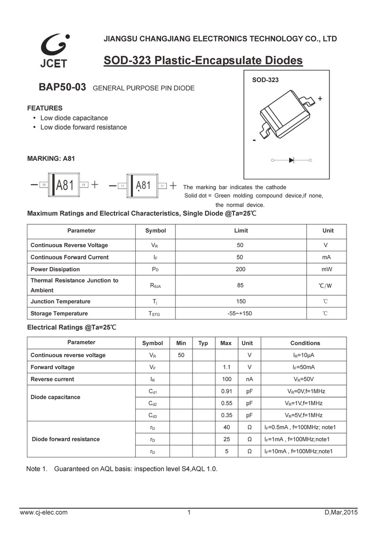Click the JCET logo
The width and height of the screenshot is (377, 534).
(54, 50)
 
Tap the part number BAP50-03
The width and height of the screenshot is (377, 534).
(62, 87)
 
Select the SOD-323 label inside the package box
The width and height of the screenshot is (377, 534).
(265, 80)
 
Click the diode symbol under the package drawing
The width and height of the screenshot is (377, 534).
(291, 160)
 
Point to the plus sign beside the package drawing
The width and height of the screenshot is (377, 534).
(320, 98)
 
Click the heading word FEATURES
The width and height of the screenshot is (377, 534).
(44, 108)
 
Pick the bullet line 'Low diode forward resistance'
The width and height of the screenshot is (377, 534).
(83, 127)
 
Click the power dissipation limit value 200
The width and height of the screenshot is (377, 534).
(241, 269)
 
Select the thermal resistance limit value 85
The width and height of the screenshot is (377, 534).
(241, 285)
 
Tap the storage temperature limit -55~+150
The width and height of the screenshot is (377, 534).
(240, 313)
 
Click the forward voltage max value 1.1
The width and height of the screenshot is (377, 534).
(226, 367)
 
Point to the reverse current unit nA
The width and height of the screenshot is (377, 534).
(249, 379)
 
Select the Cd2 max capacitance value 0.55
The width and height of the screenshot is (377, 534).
(226, 403)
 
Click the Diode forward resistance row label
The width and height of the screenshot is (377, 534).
(66, 439)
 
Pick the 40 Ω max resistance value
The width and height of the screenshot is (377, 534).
(226, 427)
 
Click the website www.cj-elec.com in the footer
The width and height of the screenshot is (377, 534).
(43, 512)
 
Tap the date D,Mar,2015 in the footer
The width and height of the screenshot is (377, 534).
(341, 512)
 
